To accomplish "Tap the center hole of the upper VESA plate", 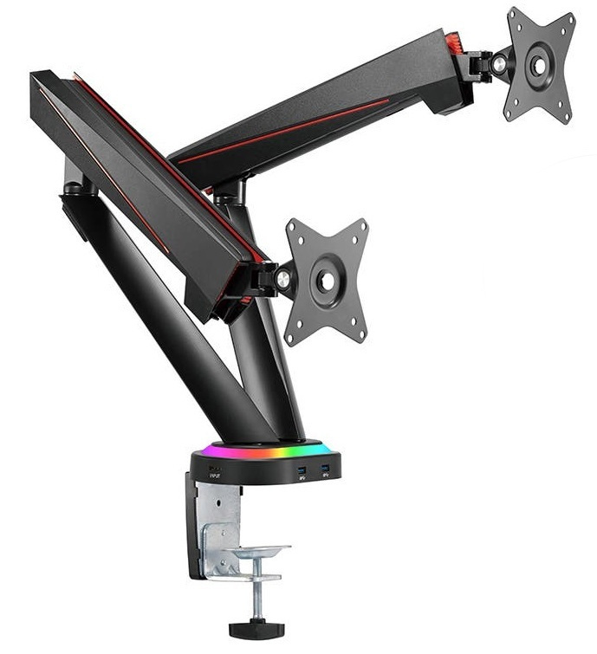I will (539, 65).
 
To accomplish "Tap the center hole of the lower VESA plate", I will (327, 281).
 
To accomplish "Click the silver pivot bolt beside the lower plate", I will (282, 278).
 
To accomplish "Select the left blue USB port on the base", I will (301, 471).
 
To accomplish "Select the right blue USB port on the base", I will (325, 470).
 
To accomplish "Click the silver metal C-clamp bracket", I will (217, 528).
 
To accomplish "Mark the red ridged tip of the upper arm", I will (453, 41).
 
